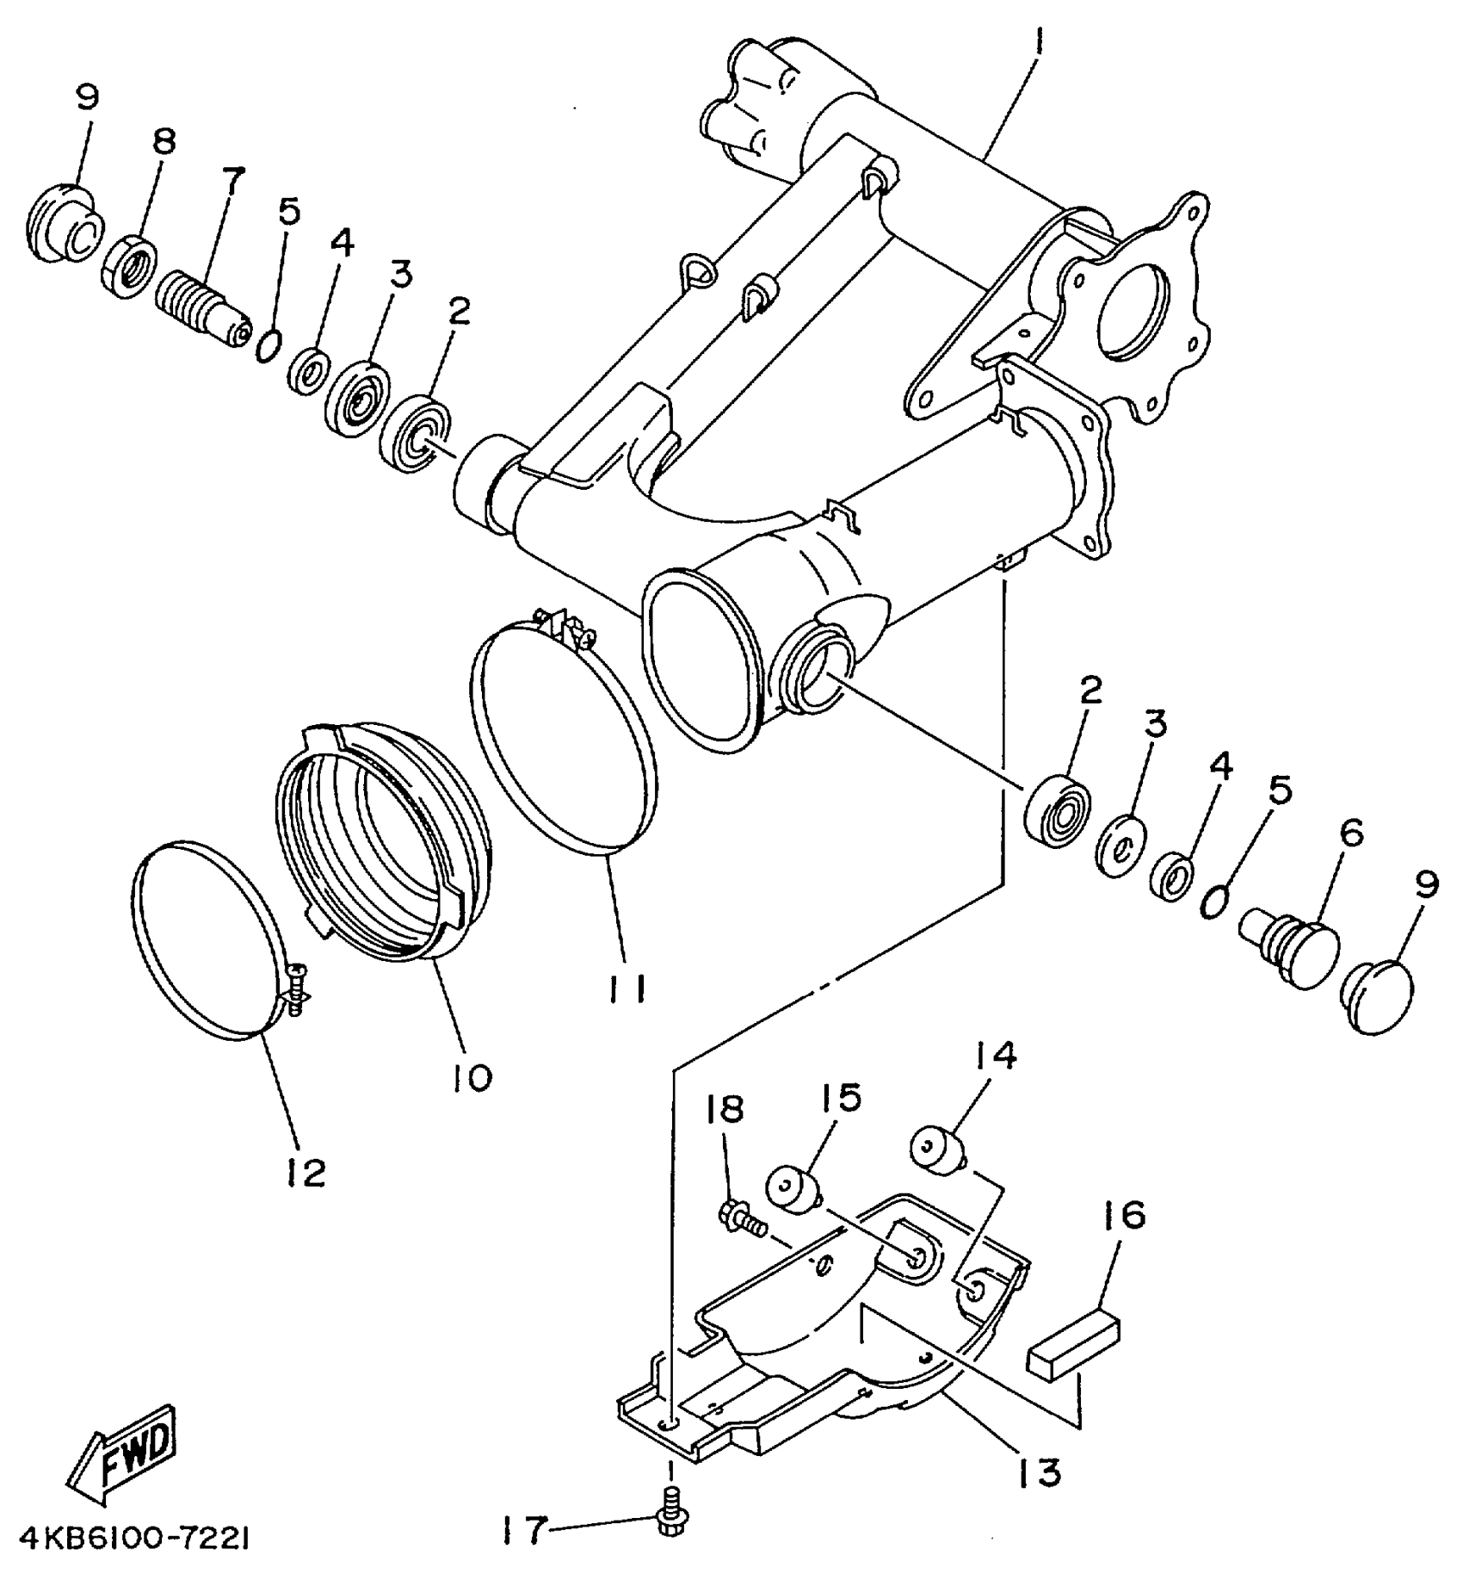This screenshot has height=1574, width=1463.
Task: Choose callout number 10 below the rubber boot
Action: click(472, 1075)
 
